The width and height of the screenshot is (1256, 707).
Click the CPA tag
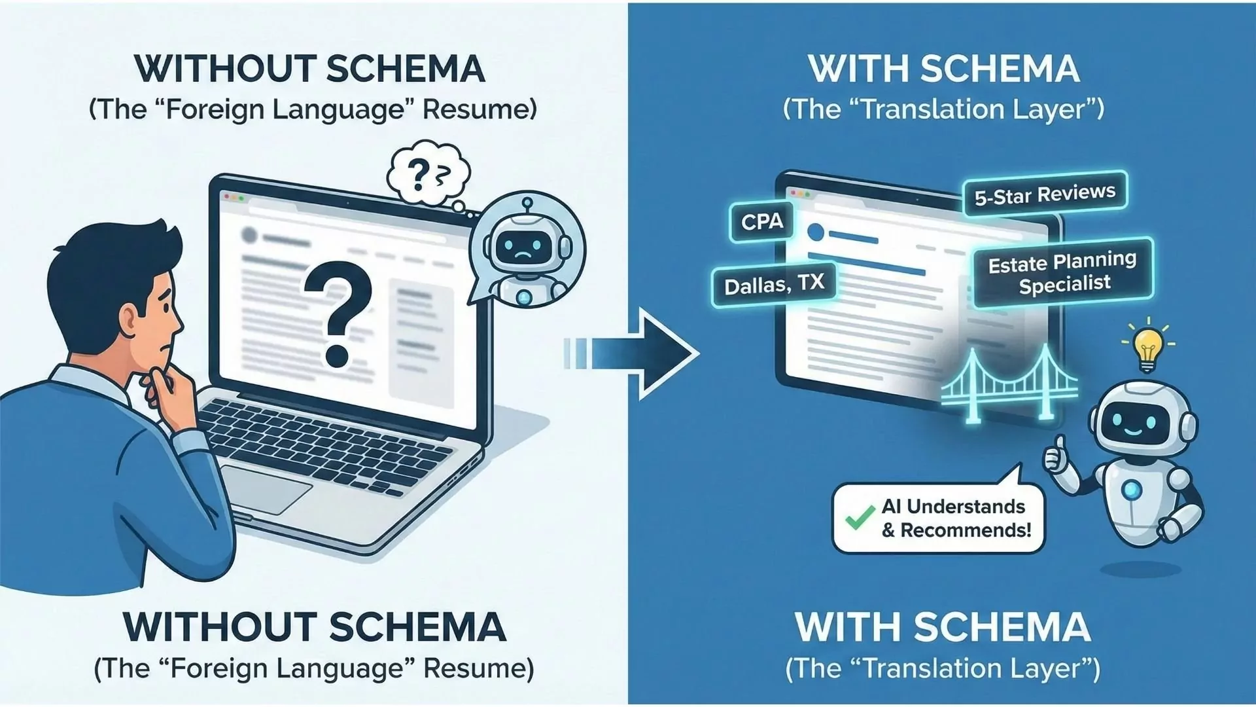pyautogui.click(x=761, y=222)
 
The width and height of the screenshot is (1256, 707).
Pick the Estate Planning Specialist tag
pyautogui.click(x=1063, y=273)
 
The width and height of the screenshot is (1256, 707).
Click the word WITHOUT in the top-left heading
pyautogui.click(x=225, y=69)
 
